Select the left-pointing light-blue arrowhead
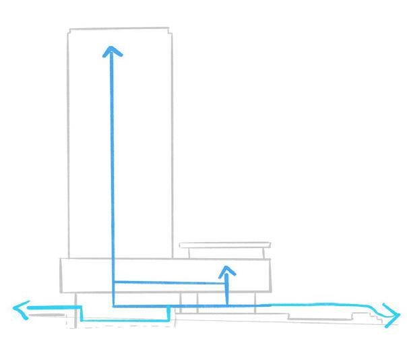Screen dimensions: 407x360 [x=20, y=310]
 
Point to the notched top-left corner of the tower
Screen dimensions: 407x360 [x=70, y=30]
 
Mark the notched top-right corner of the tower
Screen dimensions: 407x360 [x=169, y=30]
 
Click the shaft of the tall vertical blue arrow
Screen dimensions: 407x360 [x=112, y=169]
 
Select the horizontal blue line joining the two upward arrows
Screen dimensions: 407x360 [x=168, y=283]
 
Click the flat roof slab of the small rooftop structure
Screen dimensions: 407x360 [x=225, y=245]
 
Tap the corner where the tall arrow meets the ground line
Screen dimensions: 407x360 [x=113, y=306]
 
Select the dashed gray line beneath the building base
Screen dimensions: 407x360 [x=121, y=328]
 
